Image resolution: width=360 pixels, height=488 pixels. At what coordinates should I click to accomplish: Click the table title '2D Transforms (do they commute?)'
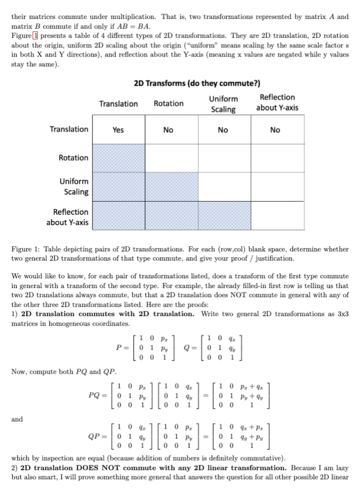(x=189, y=84)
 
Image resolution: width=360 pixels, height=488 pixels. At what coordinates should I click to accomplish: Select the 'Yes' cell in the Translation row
(x=118, y=130)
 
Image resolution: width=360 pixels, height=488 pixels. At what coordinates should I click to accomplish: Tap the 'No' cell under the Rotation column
(x=168, y=130)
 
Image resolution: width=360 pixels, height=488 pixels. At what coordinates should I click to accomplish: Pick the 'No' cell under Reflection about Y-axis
(x=275, y=130)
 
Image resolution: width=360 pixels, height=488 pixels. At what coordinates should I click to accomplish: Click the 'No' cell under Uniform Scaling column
(x=223, y=130)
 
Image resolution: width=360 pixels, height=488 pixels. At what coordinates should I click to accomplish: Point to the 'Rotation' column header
(x=169, y=103)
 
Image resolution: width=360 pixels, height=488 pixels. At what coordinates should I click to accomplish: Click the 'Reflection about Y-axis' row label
(x=67, y=217)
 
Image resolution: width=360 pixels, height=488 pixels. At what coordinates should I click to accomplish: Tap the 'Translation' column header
(x=118, y=103)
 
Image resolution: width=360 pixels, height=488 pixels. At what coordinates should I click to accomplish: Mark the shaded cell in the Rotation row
(x=118, y=158)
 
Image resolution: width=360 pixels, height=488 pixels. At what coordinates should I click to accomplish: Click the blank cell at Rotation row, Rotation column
(x=168, y=158)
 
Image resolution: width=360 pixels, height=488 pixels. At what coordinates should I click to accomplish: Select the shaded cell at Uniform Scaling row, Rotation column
(x=168, y=186)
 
